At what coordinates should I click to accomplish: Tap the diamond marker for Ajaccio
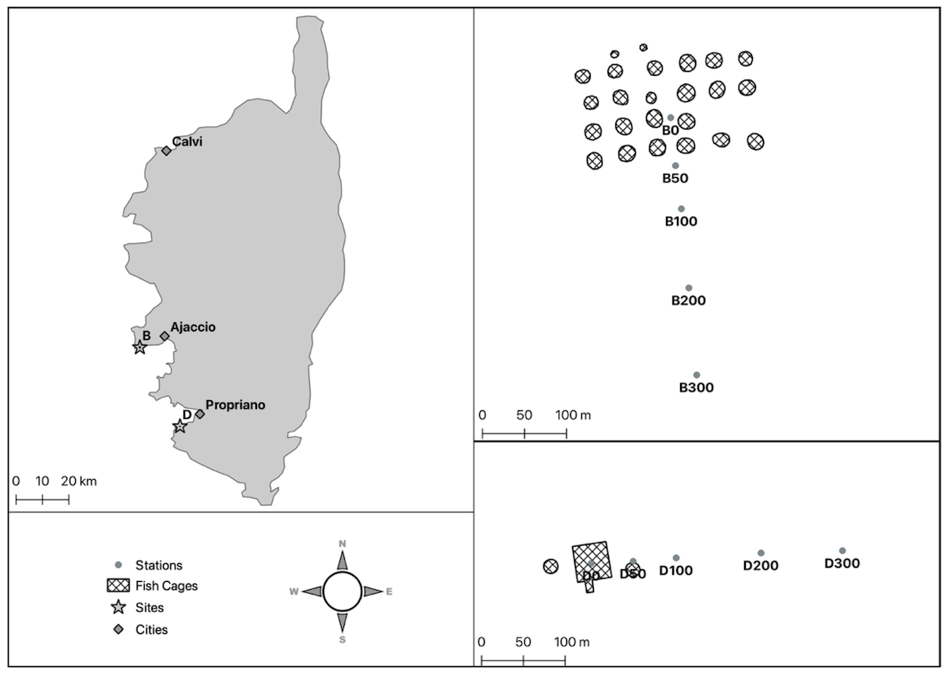tap(164, 336)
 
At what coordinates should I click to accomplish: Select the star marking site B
tap(139, 346)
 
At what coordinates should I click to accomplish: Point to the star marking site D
tap(180, 426)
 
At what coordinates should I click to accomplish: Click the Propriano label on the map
tap(236, 405)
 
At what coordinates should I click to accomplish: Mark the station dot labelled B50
tap(675, 165)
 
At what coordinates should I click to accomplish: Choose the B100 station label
tap(681, 221)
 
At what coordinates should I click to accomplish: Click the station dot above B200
tap(689, 288)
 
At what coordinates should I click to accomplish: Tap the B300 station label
tap(697, 387)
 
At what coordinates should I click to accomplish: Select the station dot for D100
tap(676, 558)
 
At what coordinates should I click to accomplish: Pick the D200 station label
tap(761, 565)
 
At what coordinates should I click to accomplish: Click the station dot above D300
tap(842, 550)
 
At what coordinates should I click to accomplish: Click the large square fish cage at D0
tap(592, 561)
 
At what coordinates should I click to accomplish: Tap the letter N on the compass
tap(342, 543)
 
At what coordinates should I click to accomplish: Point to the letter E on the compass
tap(389, 591)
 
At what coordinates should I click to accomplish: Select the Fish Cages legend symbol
tap(118, 586)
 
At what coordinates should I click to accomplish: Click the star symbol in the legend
tap(118, 608)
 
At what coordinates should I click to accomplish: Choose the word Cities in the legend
tap(152, 630)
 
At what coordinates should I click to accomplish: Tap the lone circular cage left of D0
tap(551, 566)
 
